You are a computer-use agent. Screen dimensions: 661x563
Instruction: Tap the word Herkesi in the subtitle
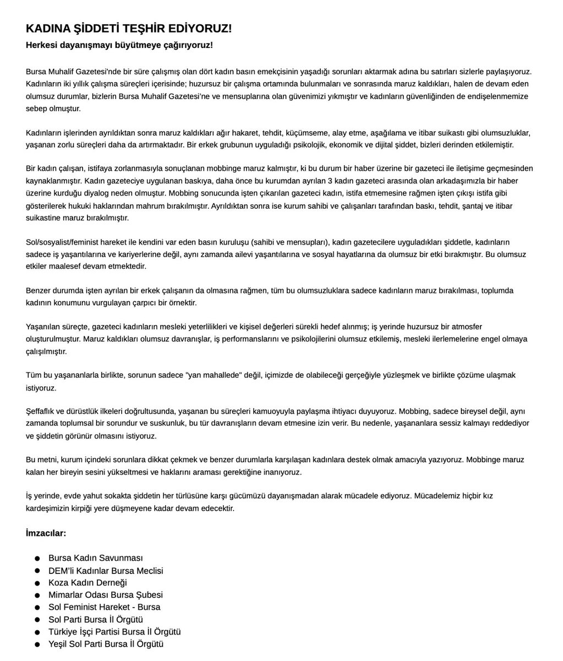coord(42,45)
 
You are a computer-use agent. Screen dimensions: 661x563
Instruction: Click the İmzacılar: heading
coord(46,533)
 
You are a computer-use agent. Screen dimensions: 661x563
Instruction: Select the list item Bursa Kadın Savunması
coord(95,559)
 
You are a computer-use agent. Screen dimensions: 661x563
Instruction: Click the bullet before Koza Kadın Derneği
coord(37,583)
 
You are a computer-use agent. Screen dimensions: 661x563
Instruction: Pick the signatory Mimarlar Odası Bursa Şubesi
coord(105,595)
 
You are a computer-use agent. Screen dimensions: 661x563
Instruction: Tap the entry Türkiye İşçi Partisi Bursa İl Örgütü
coord(114,632)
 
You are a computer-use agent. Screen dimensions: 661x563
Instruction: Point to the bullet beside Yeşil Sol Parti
coord(37,644)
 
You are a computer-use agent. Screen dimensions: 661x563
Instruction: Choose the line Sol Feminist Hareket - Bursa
coord(104,607)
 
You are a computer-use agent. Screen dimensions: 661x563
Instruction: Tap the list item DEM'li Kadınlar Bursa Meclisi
coord(105,571)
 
